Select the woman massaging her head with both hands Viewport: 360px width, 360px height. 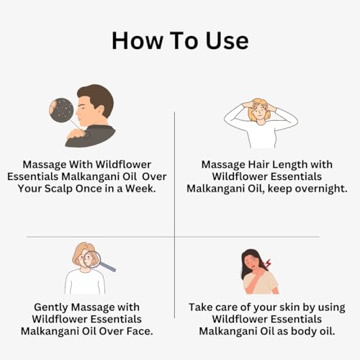261,122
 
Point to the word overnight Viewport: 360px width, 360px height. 311,189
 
